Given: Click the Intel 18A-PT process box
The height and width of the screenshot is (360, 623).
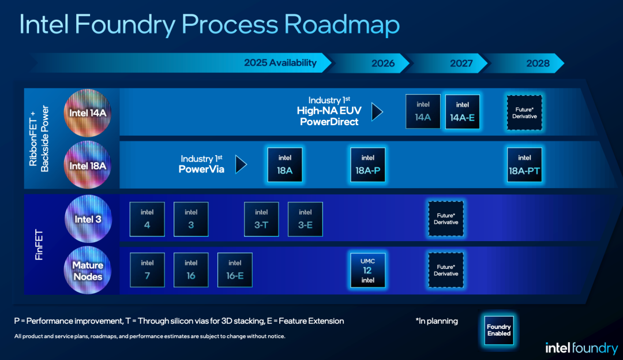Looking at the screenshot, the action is pyautogui.click(x=524, y=165).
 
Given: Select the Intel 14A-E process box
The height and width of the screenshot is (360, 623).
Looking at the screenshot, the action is pyautogui.click(x=462, y=112).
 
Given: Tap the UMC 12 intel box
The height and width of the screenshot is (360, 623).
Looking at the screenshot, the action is pyautogui.click(x=367, y=270).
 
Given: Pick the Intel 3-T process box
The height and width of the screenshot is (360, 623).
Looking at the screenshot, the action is pyautogui.click(x=261, y=219).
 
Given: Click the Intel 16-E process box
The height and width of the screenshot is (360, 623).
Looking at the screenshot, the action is pyautogui.click(x=235, y=270).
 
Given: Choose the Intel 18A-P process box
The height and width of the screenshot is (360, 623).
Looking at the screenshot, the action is pyautogui.click(x=367, y=165).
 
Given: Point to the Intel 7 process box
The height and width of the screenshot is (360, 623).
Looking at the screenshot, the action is pyautogui.click(x=147, y=270).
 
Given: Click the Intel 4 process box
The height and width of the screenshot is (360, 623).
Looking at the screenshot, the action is pyautogui.click(x=147, y=219).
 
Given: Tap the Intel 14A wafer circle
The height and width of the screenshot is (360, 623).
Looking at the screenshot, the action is pyautogui.click(x=88, y=113).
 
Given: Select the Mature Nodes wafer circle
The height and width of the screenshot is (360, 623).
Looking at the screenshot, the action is pyautogui.click(x=88, y=270).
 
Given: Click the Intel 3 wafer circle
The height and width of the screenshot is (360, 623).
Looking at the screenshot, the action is pyautogui.click(x=88, y=219).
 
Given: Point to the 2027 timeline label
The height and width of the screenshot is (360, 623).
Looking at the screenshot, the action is pyautogui.click(x=461, y=63).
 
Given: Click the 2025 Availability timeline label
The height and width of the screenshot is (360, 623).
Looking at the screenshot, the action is pyautogui.click(x=280, y=63).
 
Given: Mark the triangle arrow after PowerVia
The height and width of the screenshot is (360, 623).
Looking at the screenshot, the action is pyautogui.click(x=241, y=164).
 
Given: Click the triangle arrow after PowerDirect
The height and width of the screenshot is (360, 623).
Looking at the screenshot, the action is pyautogui.click(x=377, y=112).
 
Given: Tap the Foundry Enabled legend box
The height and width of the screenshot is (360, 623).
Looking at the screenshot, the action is pyautogui.click(x=498, y=330).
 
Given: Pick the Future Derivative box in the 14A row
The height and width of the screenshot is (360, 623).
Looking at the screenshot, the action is pyautogui.click(x=524, y=112).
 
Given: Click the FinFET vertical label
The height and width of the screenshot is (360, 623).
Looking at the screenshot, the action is pyautogui.click(x=39, y=245).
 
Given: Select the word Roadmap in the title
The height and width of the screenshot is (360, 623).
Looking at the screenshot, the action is pyautogui.click(x=341, y=25).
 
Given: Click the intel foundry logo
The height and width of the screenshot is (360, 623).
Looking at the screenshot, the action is pyautogui.click(x=581, y=348).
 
